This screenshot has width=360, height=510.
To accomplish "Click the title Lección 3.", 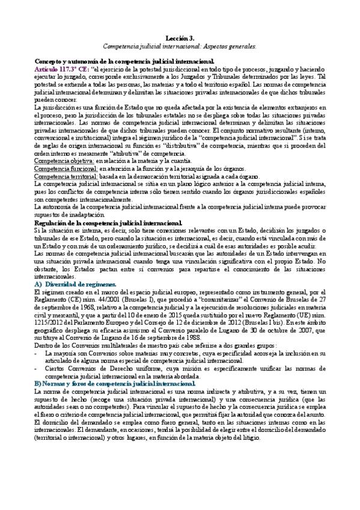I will click(x=180, y=37).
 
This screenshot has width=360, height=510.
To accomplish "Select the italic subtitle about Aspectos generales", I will click(x=180, y=45).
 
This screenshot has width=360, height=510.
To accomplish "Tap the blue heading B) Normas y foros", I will click(x=114, y=382).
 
